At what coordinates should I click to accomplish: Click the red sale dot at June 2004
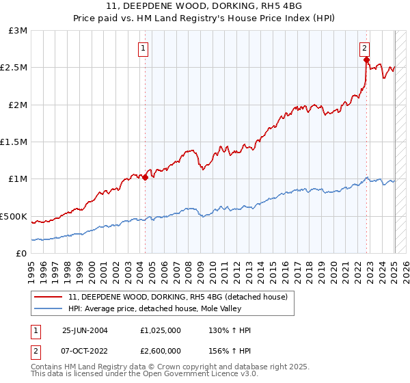coord(146,177)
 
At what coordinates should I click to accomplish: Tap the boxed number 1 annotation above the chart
coord(143,48)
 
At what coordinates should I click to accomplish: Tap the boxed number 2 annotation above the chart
coord(365,48)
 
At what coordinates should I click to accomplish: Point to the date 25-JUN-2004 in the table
coord(85,330)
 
